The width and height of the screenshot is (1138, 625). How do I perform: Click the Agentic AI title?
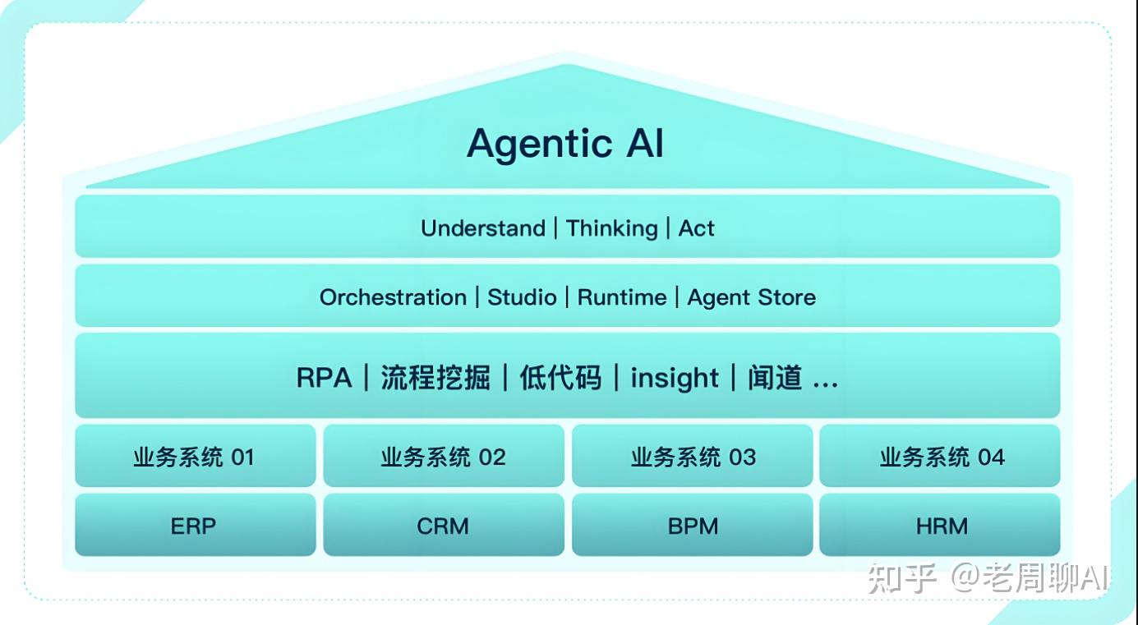coord(565,144)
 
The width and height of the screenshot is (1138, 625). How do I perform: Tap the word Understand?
coord(482,228)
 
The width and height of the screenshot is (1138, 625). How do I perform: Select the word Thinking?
coord(612,228)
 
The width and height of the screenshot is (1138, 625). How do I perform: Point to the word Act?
coord(696,228)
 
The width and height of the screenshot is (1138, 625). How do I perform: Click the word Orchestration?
coord(393,297)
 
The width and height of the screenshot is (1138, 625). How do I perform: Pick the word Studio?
coord(522,297)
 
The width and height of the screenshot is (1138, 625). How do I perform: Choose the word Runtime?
coord(622,297)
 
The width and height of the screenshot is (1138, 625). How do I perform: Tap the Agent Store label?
coord(752,297)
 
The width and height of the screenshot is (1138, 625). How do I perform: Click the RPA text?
coord(324,378)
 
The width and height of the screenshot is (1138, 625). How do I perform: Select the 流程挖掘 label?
coord(435,378)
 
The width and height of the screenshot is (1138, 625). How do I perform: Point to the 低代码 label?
coord(560,378)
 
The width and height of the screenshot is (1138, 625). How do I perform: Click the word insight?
coord(675,378)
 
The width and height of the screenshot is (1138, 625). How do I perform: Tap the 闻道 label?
coord(775,378)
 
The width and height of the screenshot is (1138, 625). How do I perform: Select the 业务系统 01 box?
coord(195,457)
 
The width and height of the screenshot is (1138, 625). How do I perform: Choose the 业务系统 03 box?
coord(693,457)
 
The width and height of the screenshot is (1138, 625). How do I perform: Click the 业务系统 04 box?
coord(941,457)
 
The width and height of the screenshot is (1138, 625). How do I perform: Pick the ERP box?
coord(195,526)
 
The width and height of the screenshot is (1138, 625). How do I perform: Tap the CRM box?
coord(443,526)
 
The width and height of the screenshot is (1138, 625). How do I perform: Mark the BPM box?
coord(693,526)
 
